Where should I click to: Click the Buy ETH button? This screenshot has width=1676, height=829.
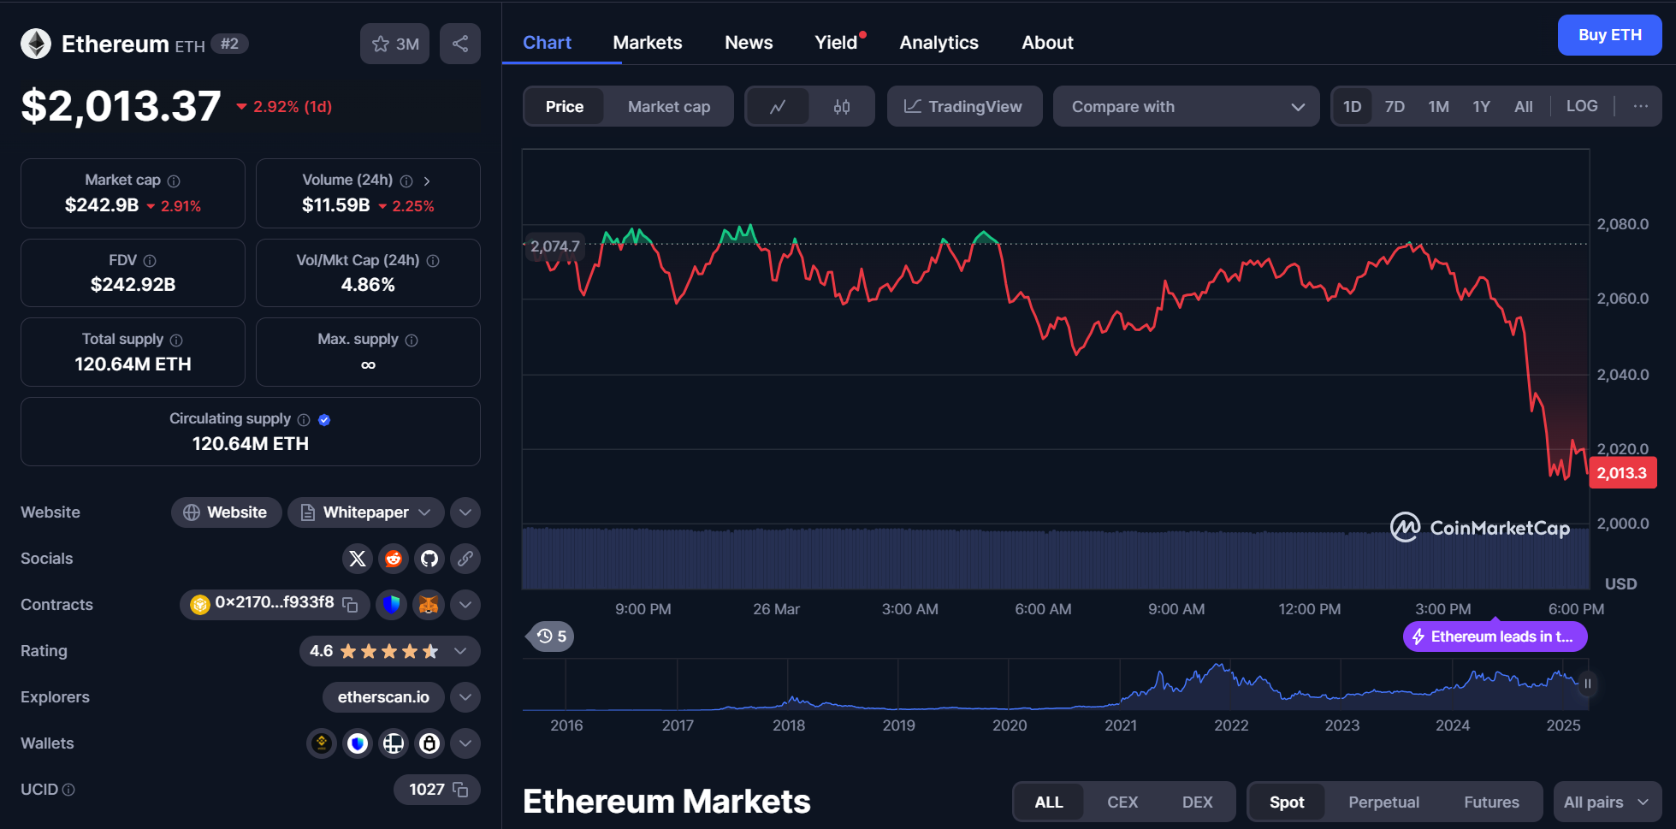[1609, 35]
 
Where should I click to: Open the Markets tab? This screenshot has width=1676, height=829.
[648, 43]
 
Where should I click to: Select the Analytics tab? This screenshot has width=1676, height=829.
[939, 43]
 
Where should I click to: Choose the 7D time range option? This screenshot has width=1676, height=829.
[1395, 107]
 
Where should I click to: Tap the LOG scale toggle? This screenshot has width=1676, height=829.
[1582, 106]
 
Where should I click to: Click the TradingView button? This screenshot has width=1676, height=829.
[964, 107]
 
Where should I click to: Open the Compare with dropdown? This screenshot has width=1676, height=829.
[1186, 107]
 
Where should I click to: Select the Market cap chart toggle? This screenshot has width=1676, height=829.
[669, 107]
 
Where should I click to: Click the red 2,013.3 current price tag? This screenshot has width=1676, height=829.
[1622, 473]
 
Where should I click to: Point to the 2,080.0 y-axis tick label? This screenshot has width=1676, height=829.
[1622, 224]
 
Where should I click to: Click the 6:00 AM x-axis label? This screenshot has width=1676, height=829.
[1043, 609]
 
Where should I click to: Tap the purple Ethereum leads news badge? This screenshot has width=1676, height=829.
[1495, 637]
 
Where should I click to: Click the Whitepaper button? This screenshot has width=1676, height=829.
[366, 512]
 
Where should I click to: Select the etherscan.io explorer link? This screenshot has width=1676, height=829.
[383, 697]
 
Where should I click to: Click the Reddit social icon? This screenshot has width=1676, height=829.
[394, 559]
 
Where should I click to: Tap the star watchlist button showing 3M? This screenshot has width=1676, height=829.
[394, 44]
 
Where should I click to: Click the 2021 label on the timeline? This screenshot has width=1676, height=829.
[1121, 725]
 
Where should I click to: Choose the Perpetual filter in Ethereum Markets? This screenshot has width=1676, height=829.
[1383, 802]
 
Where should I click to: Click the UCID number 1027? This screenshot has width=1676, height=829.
[427, 790]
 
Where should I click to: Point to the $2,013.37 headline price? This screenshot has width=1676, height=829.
[121, 107]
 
